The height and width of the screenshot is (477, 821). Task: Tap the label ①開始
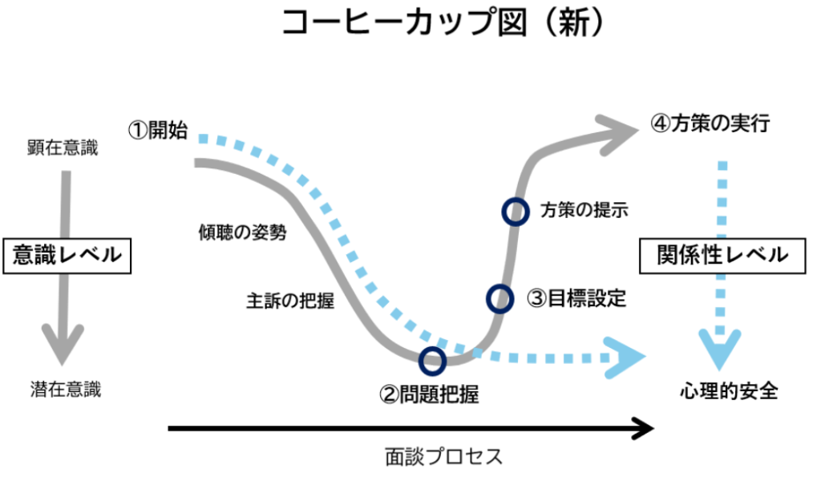click(x=158, y=131)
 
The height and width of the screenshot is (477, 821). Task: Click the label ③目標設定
click(x=576, y=298)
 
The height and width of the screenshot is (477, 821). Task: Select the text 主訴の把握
click(x=289, y=302)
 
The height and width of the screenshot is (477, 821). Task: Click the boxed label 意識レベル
click(x=67, y=256)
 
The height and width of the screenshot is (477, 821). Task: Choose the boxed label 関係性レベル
click(x=722, y=256)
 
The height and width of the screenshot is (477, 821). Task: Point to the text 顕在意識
click(x=63, y=148)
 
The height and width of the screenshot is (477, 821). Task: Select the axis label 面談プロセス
click(x=443, y=457)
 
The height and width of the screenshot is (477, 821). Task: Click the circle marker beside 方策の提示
click(x=515, y=212)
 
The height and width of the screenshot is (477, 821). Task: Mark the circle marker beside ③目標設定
click(x=499, y=297)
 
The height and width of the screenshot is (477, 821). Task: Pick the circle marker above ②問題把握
click(x=433, y=360)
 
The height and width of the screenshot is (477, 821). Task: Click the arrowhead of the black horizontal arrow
click(x=641, y=429)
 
